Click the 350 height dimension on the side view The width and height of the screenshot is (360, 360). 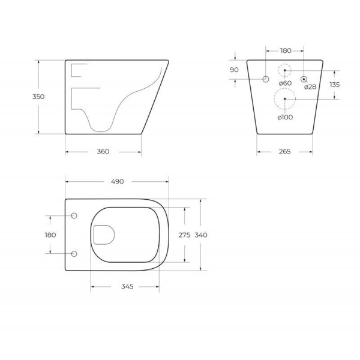38,96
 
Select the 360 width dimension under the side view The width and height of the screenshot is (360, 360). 103,152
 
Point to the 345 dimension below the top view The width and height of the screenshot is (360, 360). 125,287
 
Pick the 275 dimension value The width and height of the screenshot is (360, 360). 184,235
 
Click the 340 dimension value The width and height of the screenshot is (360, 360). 200,235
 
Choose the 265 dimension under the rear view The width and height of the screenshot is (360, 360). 284,152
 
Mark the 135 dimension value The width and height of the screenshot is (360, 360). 334,85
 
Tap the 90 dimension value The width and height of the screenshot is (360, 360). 234,70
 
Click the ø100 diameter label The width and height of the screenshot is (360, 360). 285,117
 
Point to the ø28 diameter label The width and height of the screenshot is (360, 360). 310,87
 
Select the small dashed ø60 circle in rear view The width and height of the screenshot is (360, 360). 284,70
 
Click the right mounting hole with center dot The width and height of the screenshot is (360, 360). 304,79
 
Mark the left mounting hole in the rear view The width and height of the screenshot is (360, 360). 266,79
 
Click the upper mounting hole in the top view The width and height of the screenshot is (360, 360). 74,216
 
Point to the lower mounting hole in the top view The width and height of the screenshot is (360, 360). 74,254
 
